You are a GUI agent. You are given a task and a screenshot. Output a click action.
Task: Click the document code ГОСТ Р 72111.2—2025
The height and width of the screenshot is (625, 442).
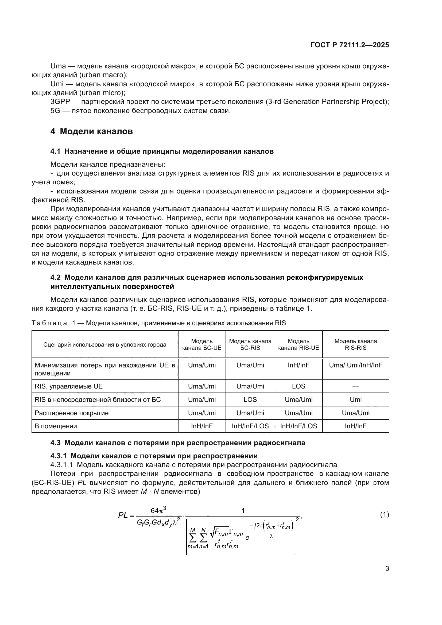click(x=350, y=45)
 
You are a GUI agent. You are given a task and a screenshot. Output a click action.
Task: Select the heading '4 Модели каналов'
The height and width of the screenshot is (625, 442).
click(x=91, y=131)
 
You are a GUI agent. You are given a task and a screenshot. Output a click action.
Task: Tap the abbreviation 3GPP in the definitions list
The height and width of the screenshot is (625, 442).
click(x=60, y=102)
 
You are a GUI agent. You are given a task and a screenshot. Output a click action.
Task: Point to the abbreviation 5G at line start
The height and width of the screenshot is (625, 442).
click(x=55, y=111)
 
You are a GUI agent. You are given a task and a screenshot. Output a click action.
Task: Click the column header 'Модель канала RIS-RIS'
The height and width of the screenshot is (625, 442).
click(x=355, y=344)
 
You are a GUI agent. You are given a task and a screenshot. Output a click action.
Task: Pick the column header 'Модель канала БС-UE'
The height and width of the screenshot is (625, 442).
click(x=202, y=344)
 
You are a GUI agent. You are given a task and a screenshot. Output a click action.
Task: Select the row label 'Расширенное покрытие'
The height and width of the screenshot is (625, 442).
click(x=72, y=413)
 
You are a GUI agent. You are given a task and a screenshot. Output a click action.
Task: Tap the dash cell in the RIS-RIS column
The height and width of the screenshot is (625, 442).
click(x=355, y=387)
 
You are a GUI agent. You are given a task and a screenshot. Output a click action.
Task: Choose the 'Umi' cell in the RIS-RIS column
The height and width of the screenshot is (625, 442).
click(x=355, y=399)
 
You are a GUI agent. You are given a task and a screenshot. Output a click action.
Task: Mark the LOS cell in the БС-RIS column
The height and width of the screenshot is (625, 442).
click(x=250, y=399)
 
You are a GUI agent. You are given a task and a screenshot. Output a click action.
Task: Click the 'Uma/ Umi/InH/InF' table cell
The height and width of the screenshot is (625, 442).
click(x=355, y=365)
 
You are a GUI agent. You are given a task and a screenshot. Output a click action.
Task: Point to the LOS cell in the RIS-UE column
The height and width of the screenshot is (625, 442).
click(x=298, y=387)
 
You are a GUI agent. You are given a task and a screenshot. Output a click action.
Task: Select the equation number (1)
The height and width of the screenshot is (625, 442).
click(x=384, y=515)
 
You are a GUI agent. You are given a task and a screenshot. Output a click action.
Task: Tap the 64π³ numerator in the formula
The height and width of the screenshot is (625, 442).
click(x=158, y=510)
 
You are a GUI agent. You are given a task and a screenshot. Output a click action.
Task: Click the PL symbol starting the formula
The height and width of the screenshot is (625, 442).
click(x=123, y=515)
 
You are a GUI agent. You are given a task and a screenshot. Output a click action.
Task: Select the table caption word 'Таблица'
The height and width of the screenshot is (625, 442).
click(x=49, y=323)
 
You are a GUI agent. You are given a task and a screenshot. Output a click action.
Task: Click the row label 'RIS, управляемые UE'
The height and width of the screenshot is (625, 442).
click(x=69, y=387)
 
